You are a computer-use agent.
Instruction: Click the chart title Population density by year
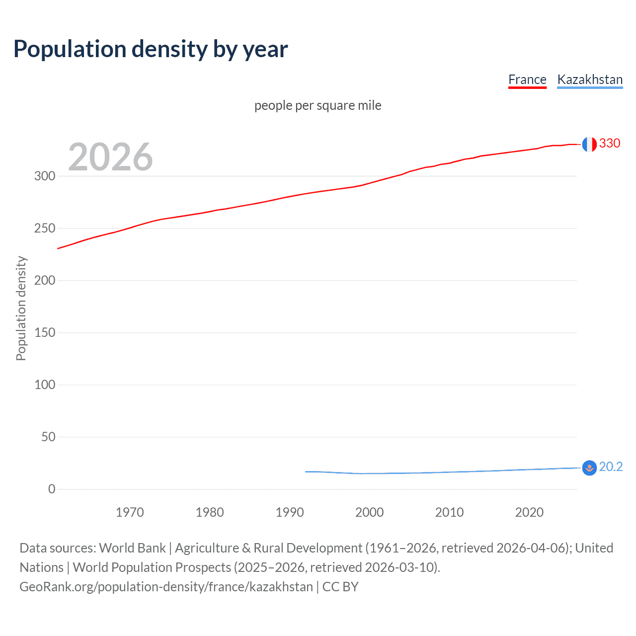[151, 49]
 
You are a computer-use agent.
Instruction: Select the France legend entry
[527, 79]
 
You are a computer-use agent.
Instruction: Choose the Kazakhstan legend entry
[590, 79]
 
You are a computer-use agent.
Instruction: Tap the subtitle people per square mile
[318, 105]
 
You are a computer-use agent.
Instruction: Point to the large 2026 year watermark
[110, 157]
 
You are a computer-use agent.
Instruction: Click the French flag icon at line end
[589, 144]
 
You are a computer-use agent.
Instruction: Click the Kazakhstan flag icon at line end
[589, 468]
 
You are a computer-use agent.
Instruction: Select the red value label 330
[610, 144]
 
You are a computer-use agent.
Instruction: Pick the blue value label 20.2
[611, 467]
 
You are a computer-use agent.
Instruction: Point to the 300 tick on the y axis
[45, 176]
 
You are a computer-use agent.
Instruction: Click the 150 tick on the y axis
[45, 332]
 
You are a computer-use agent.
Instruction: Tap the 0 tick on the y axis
[52, 489]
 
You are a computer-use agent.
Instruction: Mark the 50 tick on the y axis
[48, 437]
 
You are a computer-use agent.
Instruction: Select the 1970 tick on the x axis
[130, 512]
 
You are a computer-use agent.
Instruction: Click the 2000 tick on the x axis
[369, 512]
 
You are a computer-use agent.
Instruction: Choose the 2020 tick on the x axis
[529, 512]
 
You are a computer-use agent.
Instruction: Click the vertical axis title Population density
[21, 308]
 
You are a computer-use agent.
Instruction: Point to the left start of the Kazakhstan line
[306, 472]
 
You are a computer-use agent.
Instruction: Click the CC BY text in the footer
[340, 587]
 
